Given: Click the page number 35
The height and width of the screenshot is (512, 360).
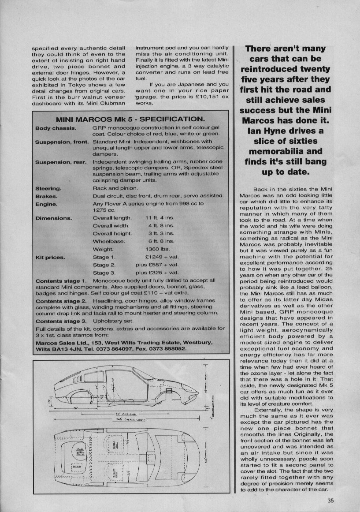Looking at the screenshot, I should click(330, 500).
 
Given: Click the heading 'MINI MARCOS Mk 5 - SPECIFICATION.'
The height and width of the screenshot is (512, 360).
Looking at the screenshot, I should click(130, 119).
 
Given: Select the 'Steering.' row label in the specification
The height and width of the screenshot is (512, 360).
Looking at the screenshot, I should click(48, 188).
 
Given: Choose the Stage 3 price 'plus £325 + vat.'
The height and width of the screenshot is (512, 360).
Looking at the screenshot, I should click(157, 273).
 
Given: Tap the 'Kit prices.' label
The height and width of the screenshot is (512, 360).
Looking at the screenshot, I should click(50, 257).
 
